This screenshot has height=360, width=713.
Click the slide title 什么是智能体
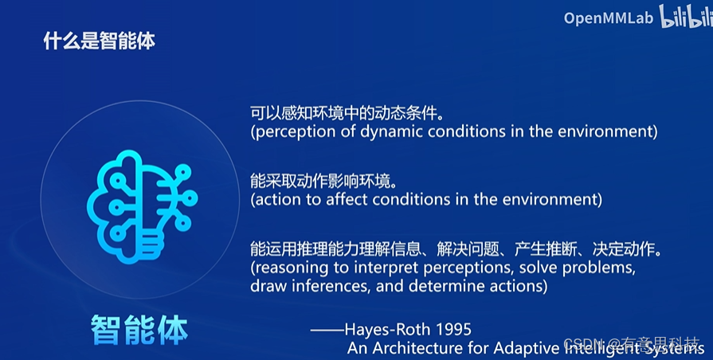(x=99, y=41)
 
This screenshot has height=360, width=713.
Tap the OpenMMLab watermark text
(x=609, y=18)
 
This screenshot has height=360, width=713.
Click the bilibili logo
(x=686, y=17)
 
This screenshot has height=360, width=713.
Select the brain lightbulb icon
(x=142, y=207)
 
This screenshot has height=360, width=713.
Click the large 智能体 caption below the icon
(x=139, y=330)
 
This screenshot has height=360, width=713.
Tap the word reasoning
(x=292, y=268)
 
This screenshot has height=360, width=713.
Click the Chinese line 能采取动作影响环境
(x=323, y=181)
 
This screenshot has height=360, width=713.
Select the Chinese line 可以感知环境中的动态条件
(x=347, y=113)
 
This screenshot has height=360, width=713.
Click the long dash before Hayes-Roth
(x=327, y=330)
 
